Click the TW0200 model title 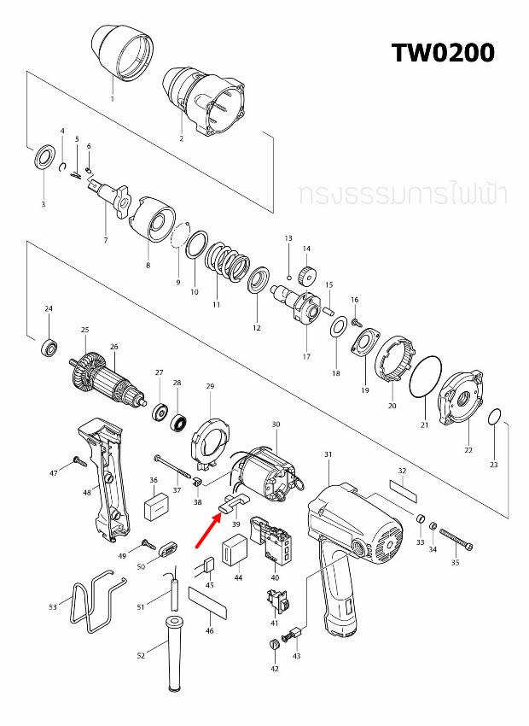tap(443, 53)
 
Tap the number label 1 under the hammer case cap tap(112, 99)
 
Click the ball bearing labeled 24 tap(49, 348)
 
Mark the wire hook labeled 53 tap(90, 604)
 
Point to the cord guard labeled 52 tap(174, 657)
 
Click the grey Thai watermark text tap(403, 194)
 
